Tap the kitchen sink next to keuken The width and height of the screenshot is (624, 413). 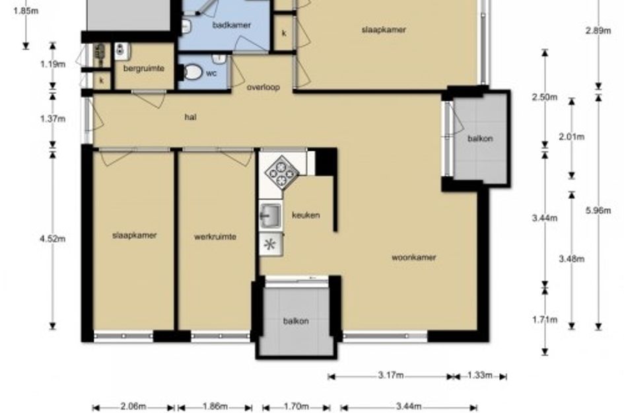[271, 215]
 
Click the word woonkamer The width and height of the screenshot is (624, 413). [414, 257]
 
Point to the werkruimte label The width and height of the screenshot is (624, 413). [215, 237]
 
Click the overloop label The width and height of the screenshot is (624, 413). [263, 87]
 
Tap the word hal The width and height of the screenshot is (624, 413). [191, 117]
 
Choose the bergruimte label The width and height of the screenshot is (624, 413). [144, 69]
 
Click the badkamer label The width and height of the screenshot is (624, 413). [232, 25]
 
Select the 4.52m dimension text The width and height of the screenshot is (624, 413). [53, 239]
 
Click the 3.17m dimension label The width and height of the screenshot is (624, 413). [391, 375]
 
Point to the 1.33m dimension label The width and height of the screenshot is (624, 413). [480, 375]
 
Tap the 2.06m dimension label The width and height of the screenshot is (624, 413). [133, 406]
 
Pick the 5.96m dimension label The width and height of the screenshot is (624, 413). [598, 210]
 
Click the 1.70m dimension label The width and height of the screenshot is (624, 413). [296, 406]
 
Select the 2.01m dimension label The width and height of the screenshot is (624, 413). [571, 137]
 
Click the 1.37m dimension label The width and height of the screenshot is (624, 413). [53, 119]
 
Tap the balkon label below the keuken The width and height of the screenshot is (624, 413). [296, 321]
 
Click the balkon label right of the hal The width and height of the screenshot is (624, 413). [480, 139]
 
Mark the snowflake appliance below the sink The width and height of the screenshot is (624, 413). [271, 244]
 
